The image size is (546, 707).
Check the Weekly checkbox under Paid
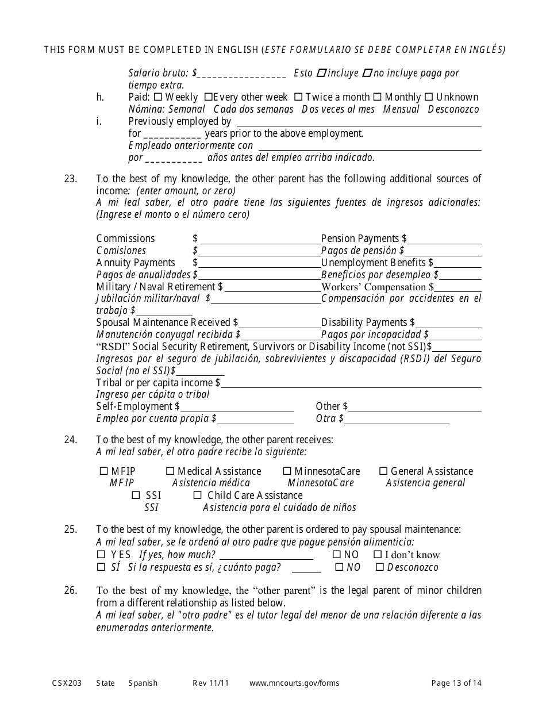(158, 98)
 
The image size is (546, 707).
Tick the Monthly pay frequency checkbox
(378, 98)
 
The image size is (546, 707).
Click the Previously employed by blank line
(359, 122)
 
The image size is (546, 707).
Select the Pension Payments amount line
(444, 240)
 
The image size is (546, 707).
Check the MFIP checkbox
(104, 471)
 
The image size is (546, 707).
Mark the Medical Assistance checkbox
(170, 471)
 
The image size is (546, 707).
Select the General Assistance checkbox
(383, 471)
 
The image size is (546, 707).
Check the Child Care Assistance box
(197, 495)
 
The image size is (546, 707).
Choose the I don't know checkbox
(378, 555)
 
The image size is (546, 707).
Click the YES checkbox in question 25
(101, 555)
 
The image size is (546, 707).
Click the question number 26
(70, 590)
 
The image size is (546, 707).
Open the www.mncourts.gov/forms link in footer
(294, 683)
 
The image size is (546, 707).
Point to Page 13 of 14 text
(456, 683)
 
